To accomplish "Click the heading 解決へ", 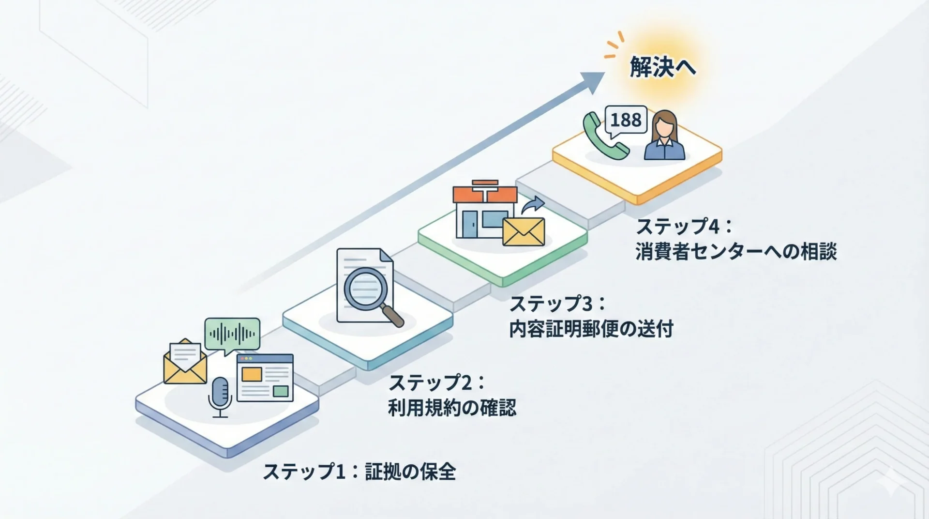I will [x=663, y=67].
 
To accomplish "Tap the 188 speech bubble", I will [x=626, y=120].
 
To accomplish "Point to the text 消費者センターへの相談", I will [x=735, y=252].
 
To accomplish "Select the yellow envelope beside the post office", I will [x=524, y=231].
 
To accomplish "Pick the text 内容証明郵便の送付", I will [x=591, y=329].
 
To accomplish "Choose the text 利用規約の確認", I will [x=452, y=408].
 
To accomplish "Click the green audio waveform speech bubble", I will [x=232, y=335].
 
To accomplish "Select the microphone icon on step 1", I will [x=220, y=397].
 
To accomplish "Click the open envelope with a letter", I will [x=185, y=362].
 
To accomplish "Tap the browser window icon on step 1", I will [x=265, y=378].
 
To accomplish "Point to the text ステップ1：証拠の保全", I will [x=359, y=472].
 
